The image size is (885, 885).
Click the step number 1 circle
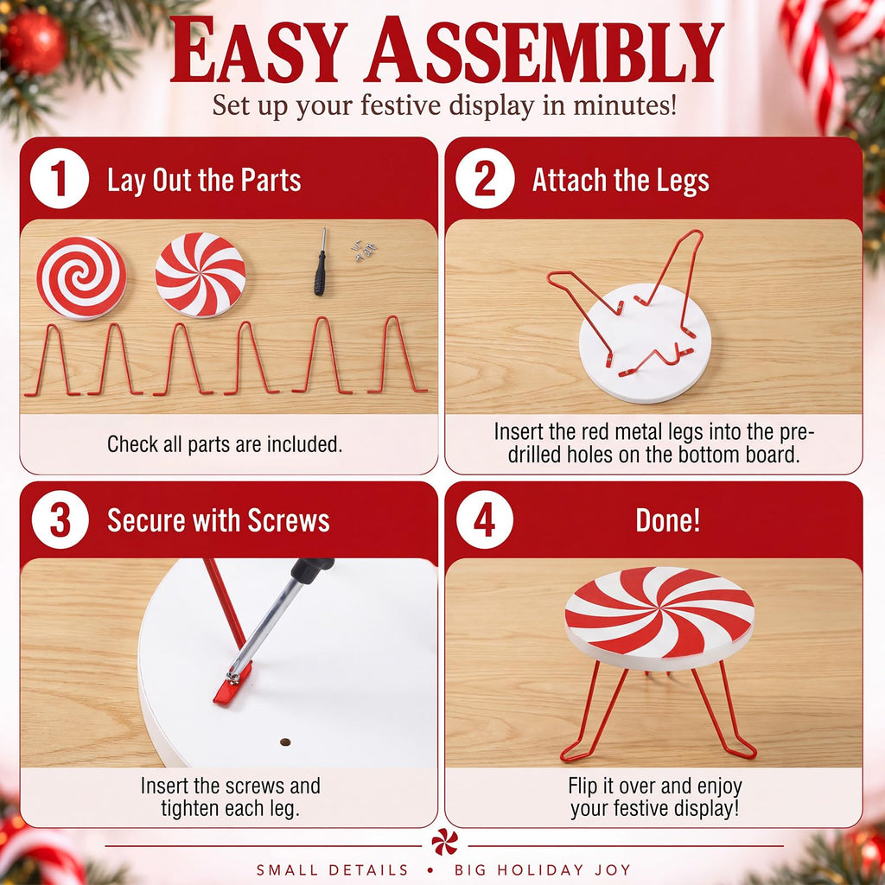click(60, 178)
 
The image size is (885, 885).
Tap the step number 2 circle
click(485, 178)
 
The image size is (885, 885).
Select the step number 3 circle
click(60, 519)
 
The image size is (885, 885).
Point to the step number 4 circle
click(484, 519)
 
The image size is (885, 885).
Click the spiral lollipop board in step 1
click(82, 278)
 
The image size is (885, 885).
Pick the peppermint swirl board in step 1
click(201, 274)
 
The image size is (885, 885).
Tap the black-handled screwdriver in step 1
click(321, 262)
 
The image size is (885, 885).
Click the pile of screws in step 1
click(364, 250)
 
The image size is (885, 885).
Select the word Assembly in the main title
click(544, 50)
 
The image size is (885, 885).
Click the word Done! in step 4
click(668, 519)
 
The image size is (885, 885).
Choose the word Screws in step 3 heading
click(289, 519)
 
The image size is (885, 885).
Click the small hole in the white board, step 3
click(285, 742)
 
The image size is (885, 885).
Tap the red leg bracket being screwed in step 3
click(232, 684)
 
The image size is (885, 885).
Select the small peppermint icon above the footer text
click(445, 842)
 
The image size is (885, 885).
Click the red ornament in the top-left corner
click(35, 42)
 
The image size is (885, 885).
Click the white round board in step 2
click(645, 343)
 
